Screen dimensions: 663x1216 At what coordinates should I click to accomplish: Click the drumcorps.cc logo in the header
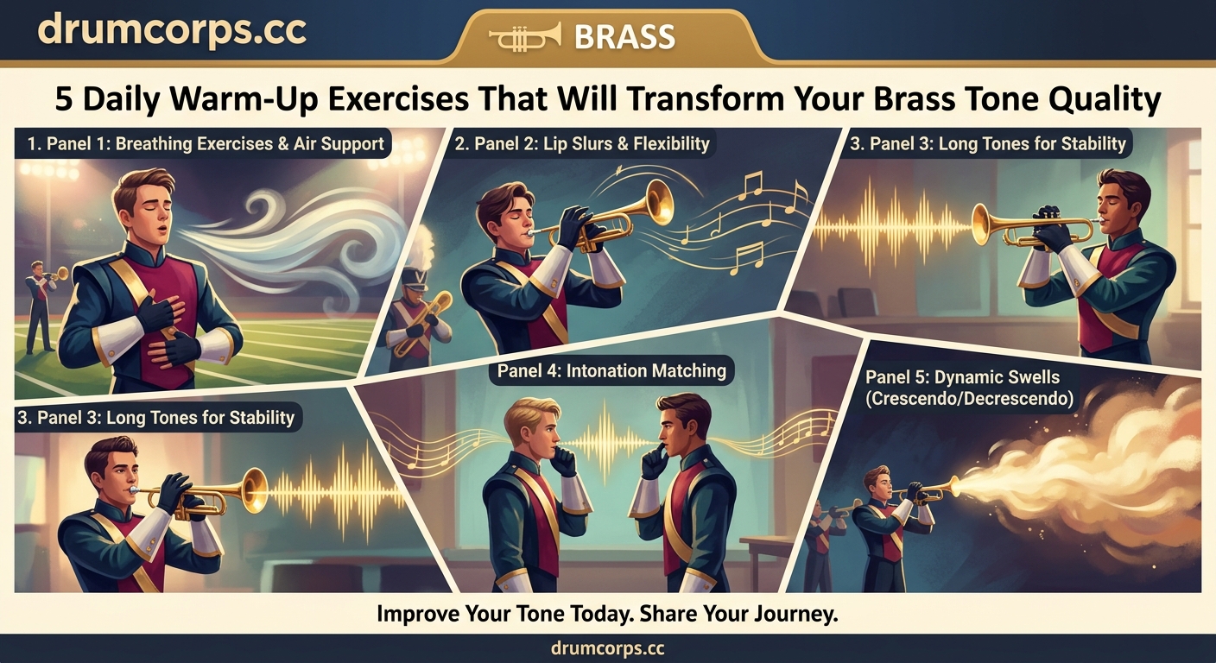[172, 31]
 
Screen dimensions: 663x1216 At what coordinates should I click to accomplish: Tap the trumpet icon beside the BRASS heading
[524, 36]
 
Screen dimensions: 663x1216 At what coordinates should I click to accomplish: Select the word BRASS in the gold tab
[624, 36]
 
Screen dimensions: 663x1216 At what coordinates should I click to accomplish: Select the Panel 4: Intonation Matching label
[611, 371]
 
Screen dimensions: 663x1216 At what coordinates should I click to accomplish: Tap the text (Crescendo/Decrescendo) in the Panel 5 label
[970, 400]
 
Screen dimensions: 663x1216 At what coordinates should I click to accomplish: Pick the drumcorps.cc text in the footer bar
[607, 648]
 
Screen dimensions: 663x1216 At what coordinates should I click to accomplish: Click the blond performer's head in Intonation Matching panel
[528, 422]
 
